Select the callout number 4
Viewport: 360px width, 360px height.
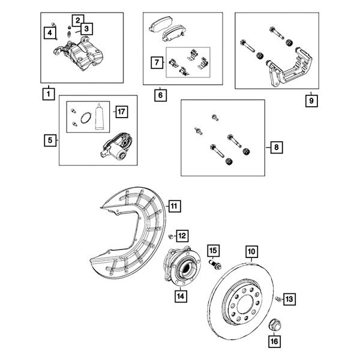pyautogui.click(x=52, y=31)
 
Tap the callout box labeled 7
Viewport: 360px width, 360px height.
pyautogui.click(x=157, y=61)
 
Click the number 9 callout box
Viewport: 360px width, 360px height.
pyautogui.click(x=310, y=101)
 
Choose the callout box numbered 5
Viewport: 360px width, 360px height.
pyautogui.click(x=50, y=141)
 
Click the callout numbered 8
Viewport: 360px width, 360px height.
pyautogui.click(x=275, y=146)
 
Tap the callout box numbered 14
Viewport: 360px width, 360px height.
pyautogui.click(x=179, y=295)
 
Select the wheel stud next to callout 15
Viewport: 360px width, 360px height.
pyautogui.click(x=215, y=263)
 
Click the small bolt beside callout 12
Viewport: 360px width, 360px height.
pyautogui.click(x=171, y=235)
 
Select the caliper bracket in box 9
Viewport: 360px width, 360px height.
pyautogui.click(x=289, y=67)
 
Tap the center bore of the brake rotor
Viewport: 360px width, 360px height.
pyautogui.click(x=245, y=307)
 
